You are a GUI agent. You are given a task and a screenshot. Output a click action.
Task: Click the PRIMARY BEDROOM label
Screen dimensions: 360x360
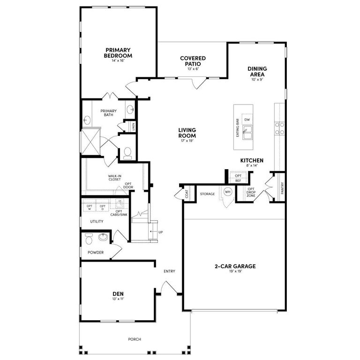(x=118, y=52)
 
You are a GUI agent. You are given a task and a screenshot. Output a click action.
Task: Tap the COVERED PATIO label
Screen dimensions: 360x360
(x=193, y=61)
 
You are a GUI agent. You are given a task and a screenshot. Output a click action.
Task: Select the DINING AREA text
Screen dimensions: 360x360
(x=257, y=72)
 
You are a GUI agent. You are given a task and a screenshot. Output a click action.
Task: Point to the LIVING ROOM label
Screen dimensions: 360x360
(x=187, y=133)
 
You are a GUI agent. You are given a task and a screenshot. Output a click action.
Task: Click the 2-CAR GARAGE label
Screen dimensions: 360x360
(x=235, y=266)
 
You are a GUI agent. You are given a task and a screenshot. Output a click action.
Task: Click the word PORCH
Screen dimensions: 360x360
(x=135, y=339)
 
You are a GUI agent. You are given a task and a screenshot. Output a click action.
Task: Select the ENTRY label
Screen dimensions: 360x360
(x=169, y=271)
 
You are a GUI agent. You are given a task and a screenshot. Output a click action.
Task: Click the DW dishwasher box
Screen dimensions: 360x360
(x=247, y=120)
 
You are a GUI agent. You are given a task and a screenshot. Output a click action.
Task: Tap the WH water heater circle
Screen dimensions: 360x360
(x=228, y=192)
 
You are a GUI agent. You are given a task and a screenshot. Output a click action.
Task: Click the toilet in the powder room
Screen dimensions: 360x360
(x=89, y=240)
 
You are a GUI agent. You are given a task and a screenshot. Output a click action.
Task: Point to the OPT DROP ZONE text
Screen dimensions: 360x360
(x=251, y=193)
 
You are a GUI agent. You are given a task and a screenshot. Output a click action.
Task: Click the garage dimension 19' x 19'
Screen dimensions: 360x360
(x=235, y=272)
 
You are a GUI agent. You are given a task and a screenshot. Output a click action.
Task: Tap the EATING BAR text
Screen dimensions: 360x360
(x=238, y=127)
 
